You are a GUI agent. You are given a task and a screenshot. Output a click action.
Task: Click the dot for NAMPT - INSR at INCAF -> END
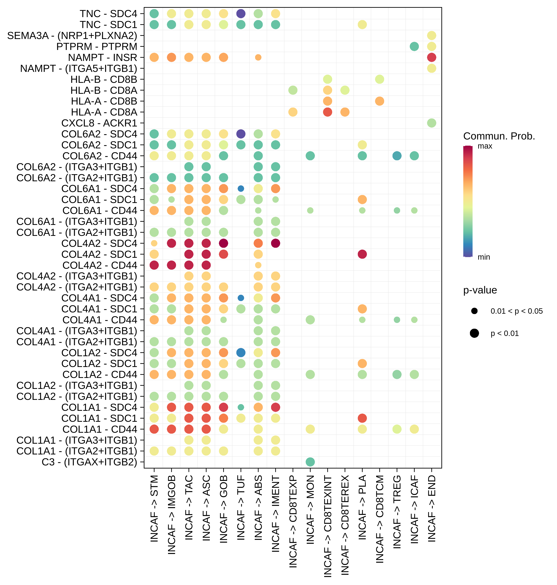pos(431,57)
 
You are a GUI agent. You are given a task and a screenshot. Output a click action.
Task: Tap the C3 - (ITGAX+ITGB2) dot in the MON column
pos(310,462)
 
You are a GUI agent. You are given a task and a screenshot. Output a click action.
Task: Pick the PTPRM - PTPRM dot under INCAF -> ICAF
pos(414,46)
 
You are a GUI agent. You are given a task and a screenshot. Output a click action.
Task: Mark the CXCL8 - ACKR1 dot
pos(431,123)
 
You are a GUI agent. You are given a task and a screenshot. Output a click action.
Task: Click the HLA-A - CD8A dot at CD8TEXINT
pos(328,112)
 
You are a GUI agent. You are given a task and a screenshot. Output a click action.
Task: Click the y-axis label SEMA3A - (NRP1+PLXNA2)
pos(72,36)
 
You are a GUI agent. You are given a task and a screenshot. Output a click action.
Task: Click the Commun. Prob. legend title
pos(499,136)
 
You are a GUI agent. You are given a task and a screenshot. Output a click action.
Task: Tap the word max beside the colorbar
pos(485,146)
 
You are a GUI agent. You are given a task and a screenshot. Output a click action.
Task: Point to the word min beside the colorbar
pos(484,257)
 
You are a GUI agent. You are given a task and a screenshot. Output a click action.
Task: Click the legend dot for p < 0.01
pos(474,333)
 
